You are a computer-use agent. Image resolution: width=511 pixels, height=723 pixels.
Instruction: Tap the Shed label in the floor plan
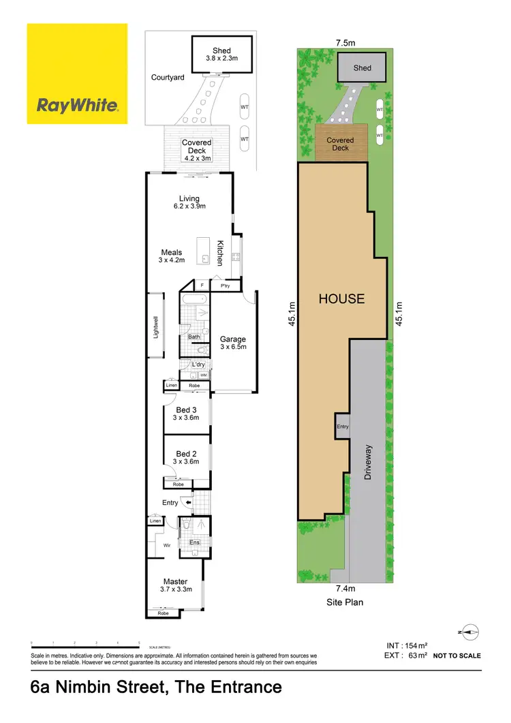coord(221,55)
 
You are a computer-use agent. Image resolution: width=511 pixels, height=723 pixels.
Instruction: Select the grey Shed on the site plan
coord(362,68)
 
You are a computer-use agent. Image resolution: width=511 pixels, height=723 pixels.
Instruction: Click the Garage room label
coord(233,343)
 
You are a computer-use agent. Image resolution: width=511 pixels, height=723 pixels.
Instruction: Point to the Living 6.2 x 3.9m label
coord(189,202)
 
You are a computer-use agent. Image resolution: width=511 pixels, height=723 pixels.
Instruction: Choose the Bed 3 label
coord(186,414)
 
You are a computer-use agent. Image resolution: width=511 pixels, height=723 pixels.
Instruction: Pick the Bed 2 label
coord(186,457)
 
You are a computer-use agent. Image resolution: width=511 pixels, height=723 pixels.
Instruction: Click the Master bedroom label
coord(175,585)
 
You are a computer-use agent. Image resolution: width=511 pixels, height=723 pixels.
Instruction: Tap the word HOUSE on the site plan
coord(341,298)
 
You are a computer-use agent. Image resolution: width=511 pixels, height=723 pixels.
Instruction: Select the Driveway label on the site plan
coord(369,463)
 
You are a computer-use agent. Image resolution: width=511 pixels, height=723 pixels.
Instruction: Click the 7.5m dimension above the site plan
coord(344,42)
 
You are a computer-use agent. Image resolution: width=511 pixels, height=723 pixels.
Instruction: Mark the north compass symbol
coord(469,632)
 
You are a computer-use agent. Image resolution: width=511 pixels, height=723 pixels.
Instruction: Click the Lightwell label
coord(155,326)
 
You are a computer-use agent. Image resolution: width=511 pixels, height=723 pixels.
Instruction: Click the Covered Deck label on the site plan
coord(340,144)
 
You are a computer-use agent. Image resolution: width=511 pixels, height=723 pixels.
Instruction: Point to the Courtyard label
coord(168,78)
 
